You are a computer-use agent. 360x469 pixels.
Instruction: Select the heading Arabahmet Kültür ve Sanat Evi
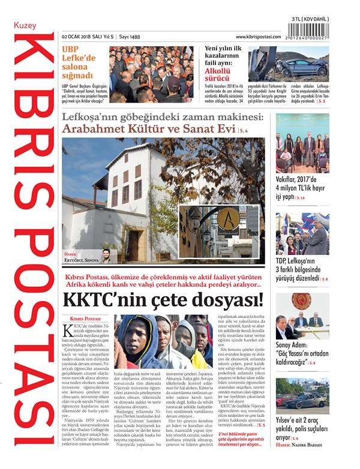(149, 130)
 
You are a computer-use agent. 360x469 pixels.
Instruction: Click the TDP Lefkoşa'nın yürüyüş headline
(302, 269)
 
